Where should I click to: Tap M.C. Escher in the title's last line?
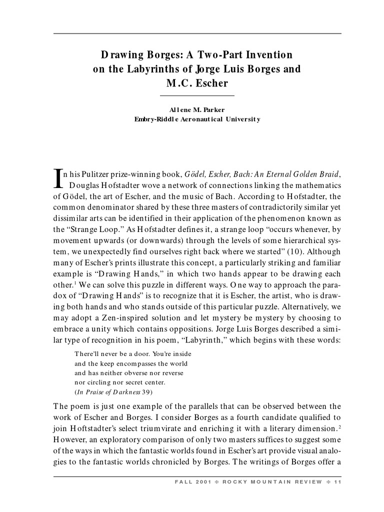(197, 83)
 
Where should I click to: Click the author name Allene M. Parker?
(197, 109)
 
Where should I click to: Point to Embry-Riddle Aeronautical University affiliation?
(197, 119)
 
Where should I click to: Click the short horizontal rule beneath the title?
(197, 95)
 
